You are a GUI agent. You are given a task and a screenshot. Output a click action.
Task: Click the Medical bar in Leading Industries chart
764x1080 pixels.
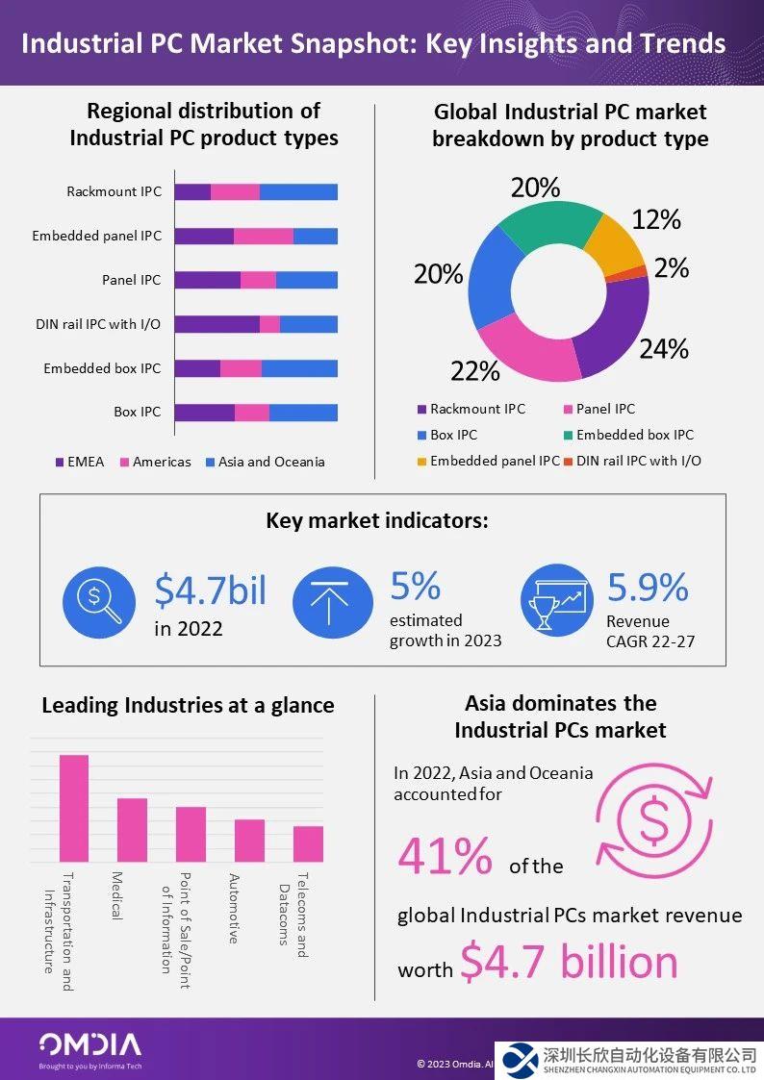coord(132,829)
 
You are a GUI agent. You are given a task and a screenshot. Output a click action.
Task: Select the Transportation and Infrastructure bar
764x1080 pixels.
coord(74,808)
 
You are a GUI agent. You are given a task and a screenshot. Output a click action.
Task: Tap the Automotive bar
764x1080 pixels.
coord(249,840)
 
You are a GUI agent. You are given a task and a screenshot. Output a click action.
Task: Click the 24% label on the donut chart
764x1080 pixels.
coord(664,348)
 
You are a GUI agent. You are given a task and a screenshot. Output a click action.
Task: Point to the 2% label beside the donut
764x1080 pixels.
coord(671,268)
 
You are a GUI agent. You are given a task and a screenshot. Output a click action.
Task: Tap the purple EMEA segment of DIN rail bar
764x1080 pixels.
coord(217,324)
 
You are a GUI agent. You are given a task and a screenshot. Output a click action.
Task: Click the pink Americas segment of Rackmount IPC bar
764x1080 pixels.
coord(235,191)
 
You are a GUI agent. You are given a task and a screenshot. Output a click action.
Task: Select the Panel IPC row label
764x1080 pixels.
coord(132,280)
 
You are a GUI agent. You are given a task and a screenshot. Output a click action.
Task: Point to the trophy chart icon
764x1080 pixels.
coord(555,603)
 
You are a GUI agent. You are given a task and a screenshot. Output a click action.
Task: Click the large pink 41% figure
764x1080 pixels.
coord(445,856)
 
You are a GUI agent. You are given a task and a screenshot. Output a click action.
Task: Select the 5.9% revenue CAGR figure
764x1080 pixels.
coord(648,588)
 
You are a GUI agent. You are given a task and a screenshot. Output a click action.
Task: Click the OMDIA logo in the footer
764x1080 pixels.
coord(89,1045)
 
